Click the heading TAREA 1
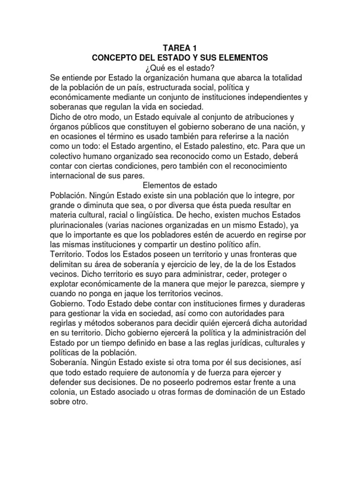coord(180,48)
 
